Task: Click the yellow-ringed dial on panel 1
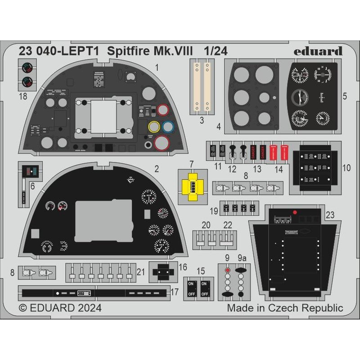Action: [154, 127]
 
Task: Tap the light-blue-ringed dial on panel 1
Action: [168, 127]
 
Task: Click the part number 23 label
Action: [330, 215]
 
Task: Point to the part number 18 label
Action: [23, 95]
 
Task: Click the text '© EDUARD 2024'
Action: [60, 308]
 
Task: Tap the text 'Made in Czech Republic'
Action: [285, 308]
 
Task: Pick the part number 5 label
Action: [344, 96]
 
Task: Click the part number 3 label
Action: [202, 120]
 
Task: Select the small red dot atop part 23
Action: [294, 212]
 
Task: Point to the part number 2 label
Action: [156, 170]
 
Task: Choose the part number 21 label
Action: [140, 272]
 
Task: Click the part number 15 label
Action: [201, 271]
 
